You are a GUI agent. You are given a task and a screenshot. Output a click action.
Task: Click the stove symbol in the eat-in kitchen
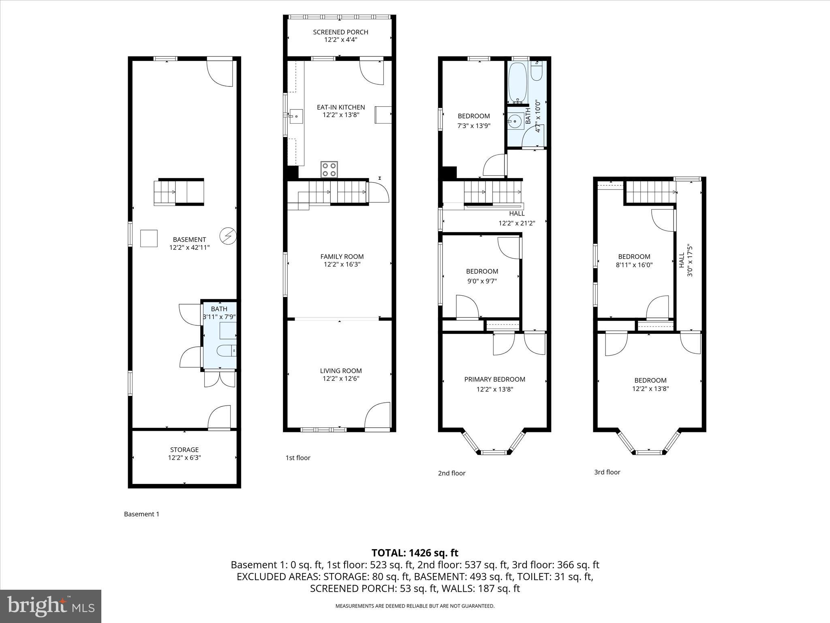pos(329,170)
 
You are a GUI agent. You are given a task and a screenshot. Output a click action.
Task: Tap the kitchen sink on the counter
pos(295,116)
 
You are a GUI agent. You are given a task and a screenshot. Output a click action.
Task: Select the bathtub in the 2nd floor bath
pos(518,82)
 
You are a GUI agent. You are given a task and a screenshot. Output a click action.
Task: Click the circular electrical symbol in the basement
pos(227,236)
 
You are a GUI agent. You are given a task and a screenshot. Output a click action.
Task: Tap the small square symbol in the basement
pos(149,238)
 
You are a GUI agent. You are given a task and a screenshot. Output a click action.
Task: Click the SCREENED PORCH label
pos(340,32)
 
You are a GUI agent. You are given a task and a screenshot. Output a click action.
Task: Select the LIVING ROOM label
pos(340,371)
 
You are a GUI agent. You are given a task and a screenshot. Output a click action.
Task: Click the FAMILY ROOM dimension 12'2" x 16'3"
pos(342,264)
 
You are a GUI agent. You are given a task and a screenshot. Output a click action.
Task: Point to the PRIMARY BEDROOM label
pos(494,380)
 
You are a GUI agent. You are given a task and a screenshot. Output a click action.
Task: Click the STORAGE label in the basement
pos(184,450)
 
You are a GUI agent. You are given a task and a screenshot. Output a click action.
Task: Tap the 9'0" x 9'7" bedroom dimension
pos(482,281)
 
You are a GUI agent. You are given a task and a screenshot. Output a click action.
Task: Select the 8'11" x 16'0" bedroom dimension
pos(634,265)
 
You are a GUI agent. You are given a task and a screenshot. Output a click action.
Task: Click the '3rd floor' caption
pos(607,472)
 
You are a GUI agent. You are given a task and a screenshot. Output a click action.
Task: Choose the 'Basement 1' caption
pos(141,514)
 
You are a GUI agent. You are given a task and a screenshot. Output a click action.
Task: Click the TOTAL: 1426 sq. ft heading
pos(415,553)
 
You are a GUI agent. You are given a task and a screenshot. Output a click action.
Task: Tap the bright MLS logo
pos(51,606)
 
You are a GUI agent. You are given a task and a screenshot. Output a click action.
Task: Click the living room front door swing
pos(376,416)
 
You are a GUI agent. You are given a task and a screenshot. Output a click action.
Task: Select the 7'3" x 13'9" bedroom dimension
pos(473,126)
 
